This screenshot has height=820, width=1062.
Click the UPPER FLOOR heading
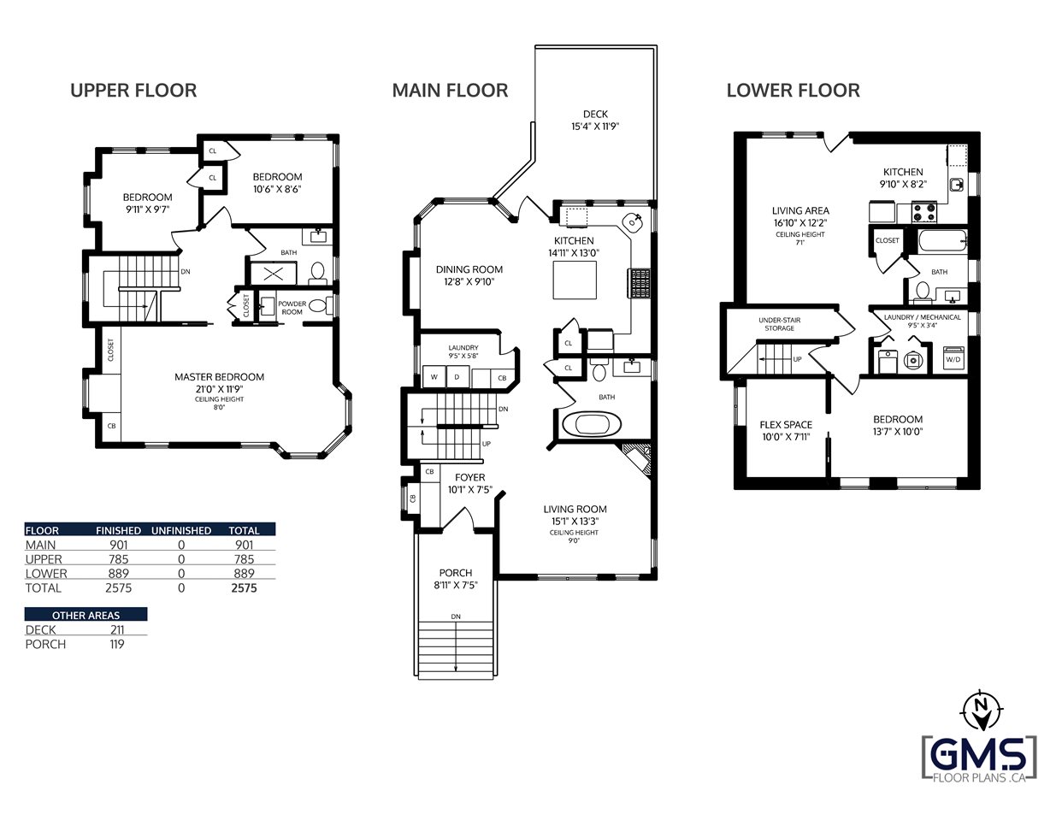tap(133, 91)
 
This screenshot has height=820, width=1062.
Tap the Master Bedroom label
tap(220, 377)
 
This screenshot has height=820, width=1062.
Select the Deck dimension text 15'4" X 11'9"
tap(595, 126)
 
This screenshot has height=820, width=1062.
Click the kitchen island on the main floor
tap(575, 280)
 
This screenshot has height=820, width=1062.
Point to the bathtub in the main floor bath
tap(592, 425)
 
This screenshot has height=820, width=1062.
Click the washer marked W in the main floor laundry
tap(434, 377)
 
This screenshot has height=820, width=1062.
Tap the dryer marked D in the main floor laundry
tap(457, 377)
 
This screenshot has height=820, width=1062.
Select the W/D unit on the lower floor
tap(953, 358)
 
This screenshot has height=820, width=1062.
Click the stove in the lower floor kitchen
tap(924, 212)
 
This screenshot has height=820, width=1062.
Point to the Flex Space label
tap(786, 425)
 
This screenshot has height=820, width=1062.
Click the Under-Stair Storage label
tap(780, 324)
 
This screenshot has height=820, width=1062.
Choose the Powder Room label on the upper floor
tap(292, 308)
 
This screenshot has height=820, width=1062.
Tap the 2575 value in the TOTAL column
tap(244, 588)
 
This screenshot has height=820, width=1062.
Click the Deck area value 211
tap(117, 630)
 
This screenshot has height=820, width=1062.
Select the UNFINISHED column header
tap(181, 530)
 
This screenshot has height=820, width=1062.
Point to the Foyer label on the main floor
tap(470, 477)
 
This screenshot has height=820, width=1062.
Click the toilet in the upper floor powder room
tap(319, 306)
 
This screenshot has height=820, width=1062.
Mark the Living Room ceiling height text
tap(574, 537)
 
